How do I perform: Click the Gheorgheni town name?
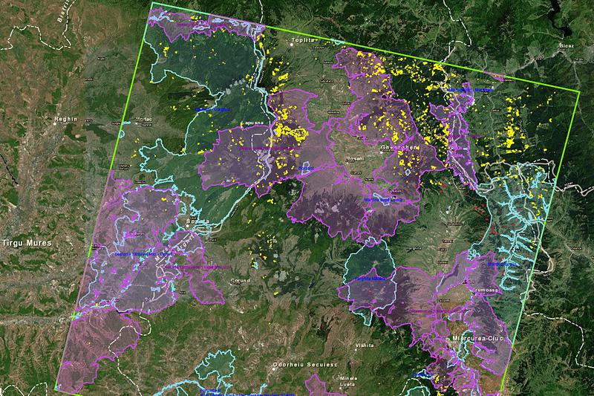(x=399, y=147)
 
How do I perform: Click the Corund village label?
(x=243, y=280)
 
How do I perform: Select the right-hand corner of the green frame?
(x=577, y=91)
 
